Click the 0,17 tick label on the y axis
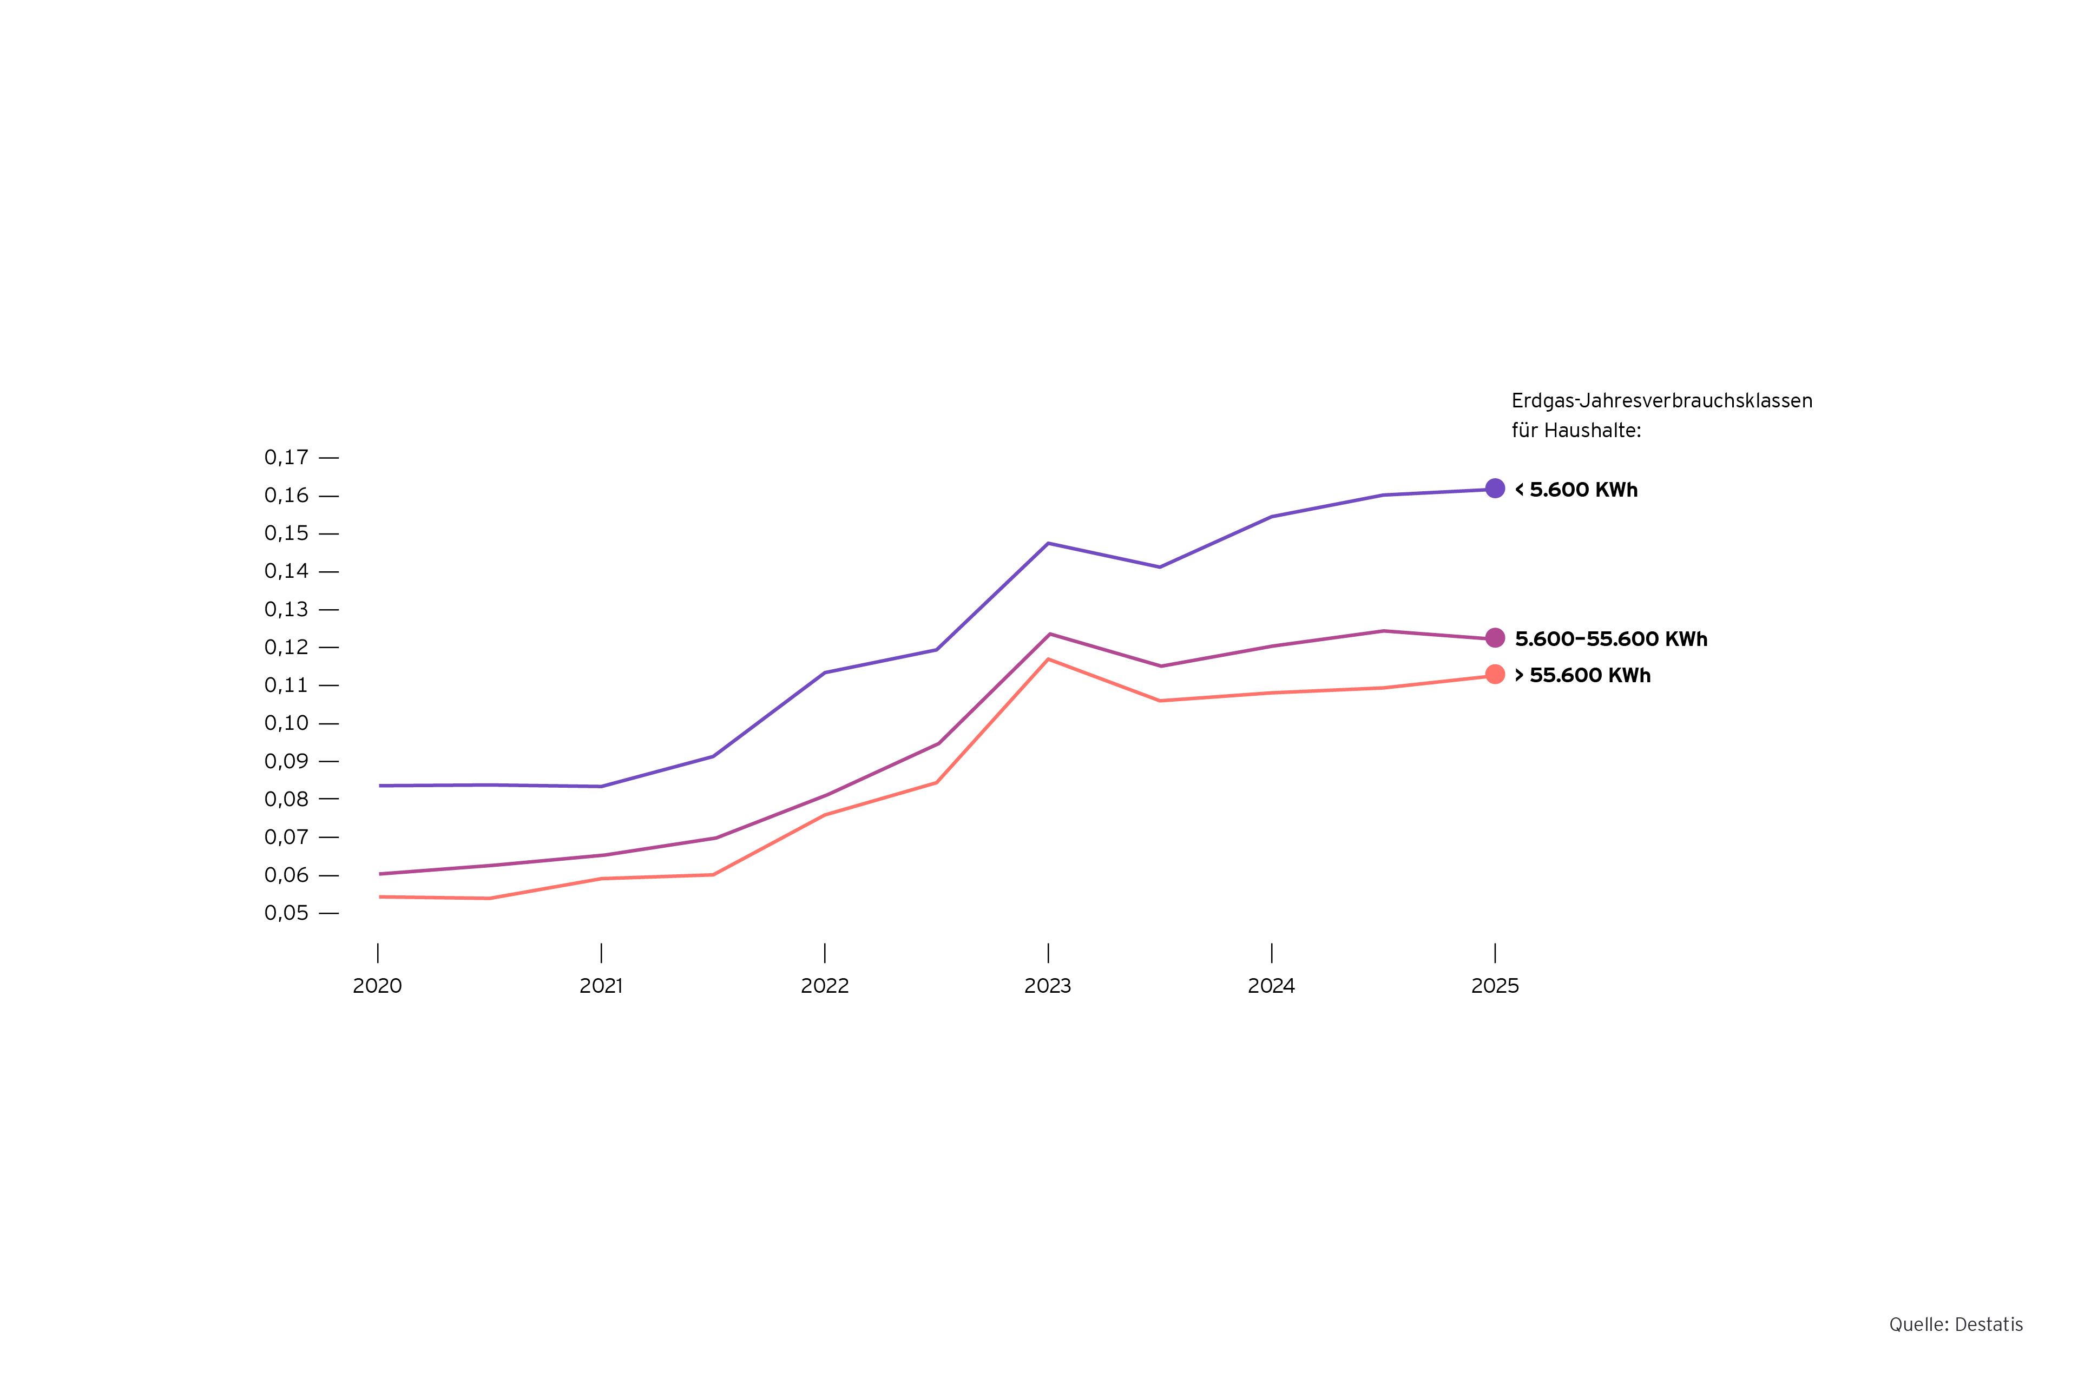click(286, 458)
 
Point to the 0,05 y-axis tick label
click(286, 913)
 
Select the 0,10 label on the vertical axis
click(286, 723)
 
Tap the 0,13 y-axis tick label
click(286, 610)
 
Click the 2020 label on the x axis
click(377, 986)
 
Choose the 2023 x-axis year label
click(1048, 986)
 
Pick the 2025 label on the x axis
click(1495, 986)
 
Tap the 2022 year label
click(824, 986)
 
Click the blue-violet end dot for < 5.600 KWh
click(1495, 489)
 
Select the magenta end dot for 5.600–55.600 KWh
click(1495, 638)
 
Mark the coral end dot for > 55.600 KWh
click(1495, 675)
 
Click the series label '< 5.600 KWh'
click(1576, 490)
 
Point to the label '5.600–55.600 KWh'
click(1610, 639)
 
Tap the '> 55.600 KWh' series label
click(1582, 676)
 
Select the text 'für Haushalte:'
click(1576, 431)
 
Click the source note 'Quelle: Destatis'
click(1956, 1325)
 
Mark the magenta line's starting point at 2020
click(380, 874)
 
